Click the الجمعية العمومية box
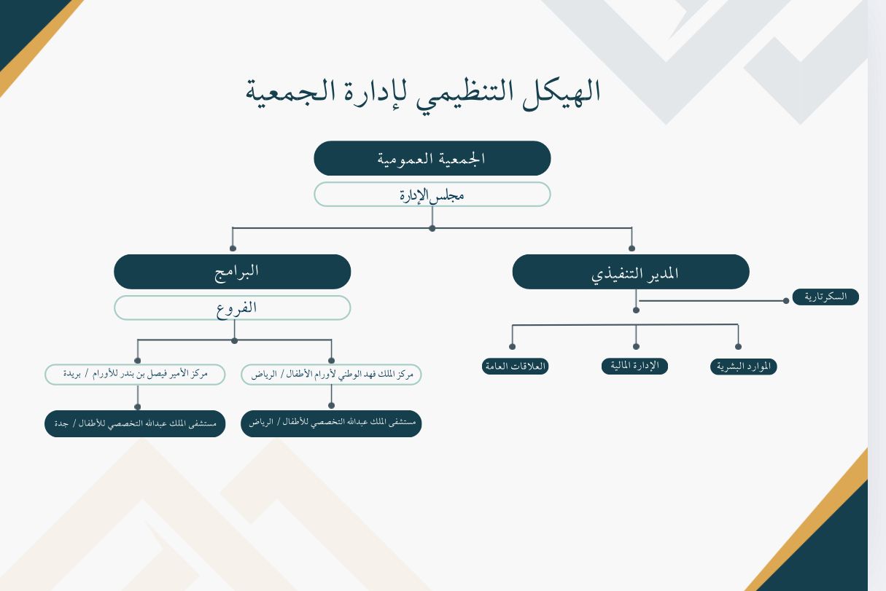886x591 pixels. pos(432,158)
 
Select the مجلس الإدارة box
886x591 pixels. pos(432,195)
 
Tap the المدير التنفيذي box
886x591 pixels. pos(631,272)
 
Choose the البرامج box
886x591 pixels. pos(232,272)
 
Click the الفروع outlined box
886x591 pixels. pos(232,308)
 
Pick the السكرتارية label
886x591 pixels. pos(825,297)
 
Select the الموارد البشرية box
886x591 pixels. pos(743,367)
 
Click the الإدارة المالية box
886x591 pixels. pos(634,365)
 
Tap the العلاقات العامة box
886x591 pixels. pos(515,366)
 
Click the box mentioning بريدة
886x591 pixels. pos(136,375)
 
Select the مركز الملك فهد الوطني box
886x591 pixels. pos(331,375)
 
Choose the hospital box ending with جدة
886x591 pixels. pos(135,423)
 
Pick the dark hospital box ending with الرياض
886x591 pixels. pos(331,423)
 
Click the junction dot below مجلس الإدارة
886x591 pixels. pos(432,228)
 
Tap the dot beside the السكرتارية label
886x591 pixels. pos(785,300)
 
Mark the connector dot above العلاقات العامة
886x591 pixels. pos(513,347)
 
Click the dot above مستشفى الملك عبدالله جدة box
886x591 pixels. pos(137,407)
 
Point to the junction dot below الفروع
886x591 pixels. pos(234,340)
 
